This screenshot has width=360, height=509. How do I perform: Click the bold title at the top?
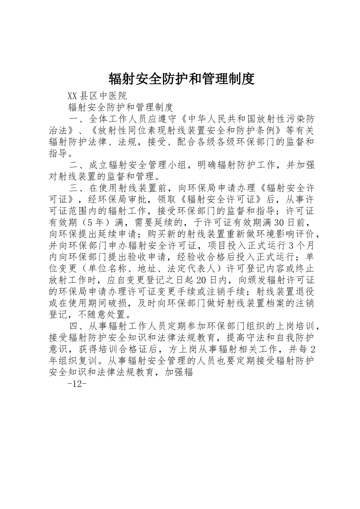click(x=181, y=78)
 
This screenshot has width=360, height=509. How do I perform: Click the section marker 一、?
click(x=78, y=119)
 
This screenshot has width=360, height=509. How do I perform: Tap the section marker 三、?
click(x=78, y=188)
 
